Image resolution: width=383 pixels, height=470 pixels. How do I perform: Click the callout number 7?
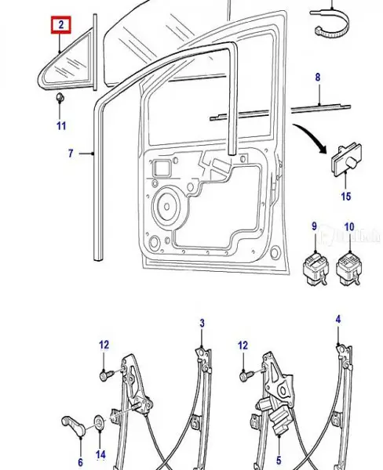click(70, 154)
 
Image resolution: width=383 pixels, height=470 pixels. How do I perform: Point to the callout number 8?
click(318, 78)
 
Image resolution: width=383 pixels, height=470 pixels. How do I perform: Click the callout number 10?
click(348, 226)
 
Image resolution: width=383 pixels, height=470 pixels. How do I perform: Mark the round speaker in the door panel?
click(166, 208)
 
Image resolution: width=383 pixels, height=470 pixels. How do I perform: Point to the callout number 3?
click(202, 323)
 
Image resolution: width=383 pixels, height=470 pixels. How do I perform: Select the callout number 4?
click(338, 319)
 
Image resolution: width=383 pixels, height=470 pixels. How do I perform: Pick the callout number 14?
click(100, 454)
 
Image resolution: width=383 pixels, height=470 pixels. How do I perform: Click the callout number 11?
click(60, 125)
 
